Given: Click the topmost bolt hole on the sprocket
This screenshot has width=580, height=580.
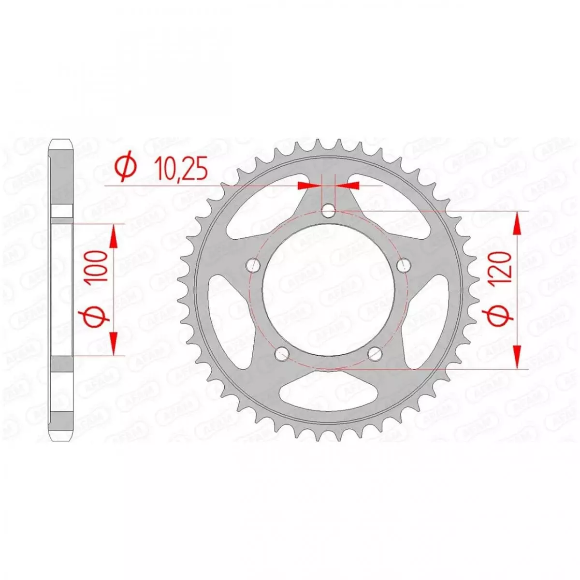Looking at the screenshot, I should [x=329, y=211].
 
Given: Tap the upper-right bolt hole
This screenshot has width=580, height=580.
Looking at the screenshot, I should [x=405, y=265].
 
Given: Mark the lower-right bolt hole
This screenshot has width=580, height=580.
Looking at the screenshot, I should [x=376, y=354].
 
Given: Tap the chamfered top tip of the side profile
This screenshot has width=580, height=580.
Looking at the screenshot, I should [x=61, y=144].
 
